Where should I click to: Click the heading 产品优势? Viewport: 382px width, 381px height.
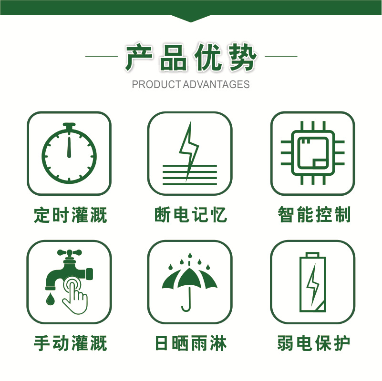tap(191, 58)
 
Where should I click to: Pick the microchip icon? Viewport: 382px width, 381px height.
tap(312, 153)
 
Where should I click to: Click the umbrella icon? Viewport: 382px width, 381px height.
tap(189, 281)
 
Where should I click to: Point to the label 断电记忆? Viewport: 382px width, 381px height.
tap(190, 215)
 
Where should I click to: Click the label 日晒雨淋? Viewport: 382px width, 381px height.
tap(190, 342)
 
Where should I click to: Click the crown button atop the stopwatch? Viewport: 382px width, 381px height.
tap(70, 127)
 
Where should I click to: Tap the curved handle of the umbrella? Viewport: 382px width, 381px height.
tap(186, 305)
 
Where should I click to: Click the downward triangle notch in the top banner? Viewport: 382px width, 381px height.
tap(191, 19)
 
